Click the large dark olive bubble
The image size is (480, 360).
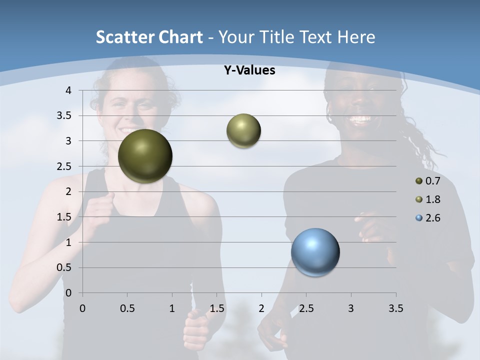[x=145, y=156]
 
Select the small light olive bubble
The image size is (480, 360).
[x=243, y=130]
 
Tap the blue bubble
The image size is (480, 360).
[x=315, y=252]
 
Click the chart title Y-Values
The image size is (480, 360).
[x=249, y=70]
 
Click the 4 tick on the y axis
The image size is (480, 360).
[x=68, y=90]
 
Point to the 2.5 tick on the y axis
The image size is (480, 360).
[x=64, y=166]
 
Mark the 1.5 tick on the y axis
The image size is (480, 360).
[x=64, y=217]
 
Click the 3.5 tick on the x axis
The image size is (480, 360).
[x=395, y=308]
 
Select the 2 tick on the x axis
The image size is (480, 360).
[x=261, y=308]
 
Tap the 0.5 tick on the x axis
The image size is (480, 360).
[x=127, y=308]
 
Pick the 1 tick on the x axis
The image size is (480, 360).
[x=172, y=308]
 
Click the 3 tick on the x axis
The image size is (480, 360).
[x=351, y=308]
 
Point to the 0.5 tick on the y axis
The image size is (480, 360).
[x=64, y=267]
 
